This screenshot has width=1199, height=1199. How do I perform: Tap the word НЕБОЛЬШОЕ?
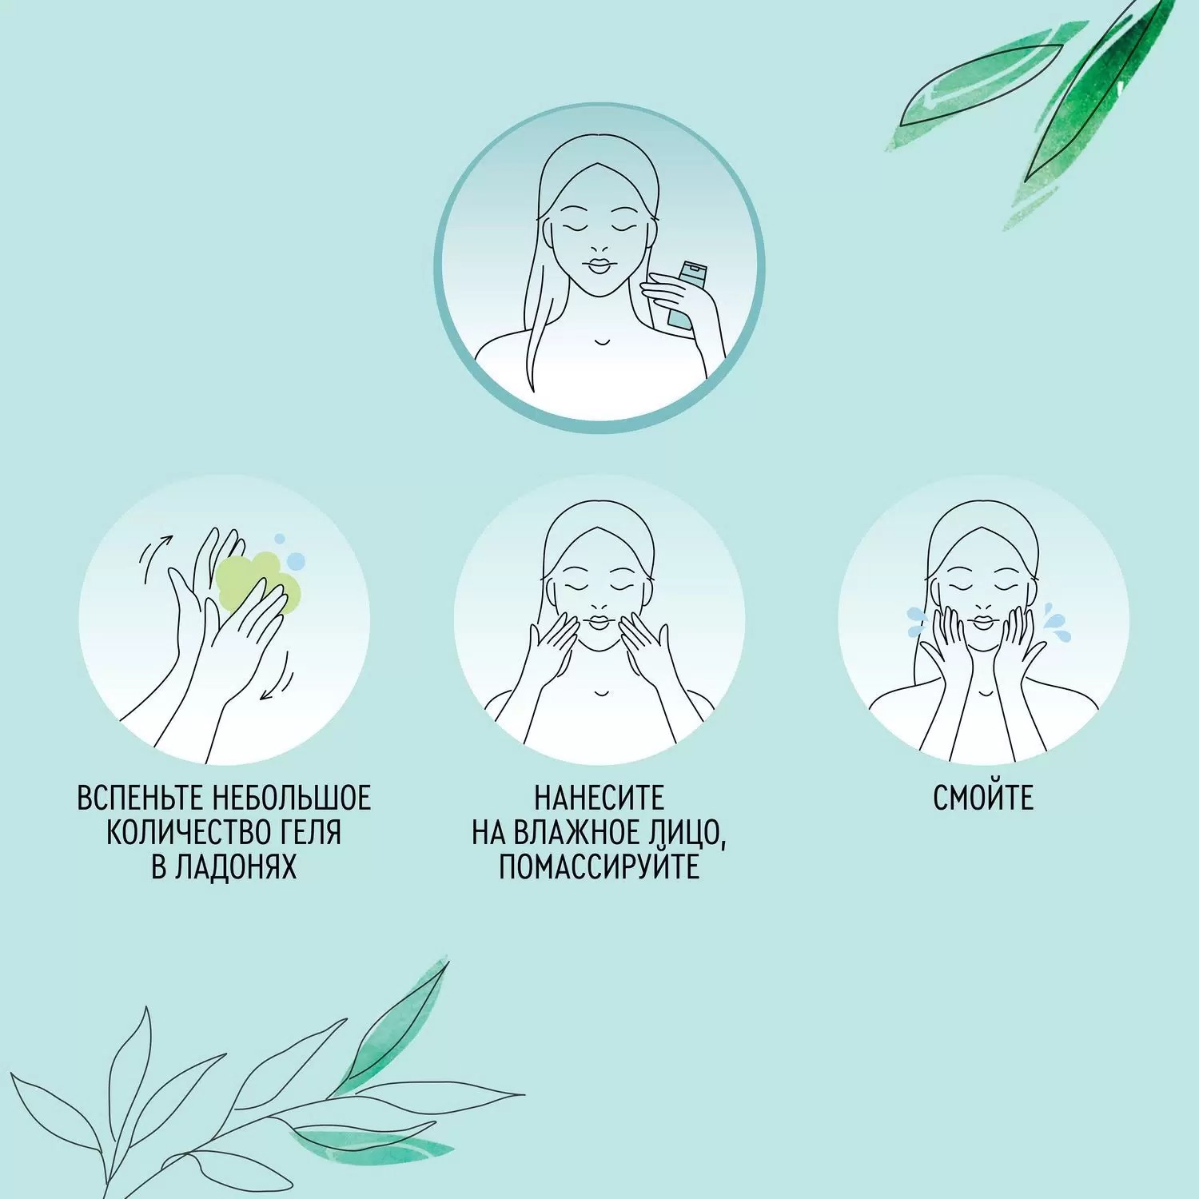pos(293,798)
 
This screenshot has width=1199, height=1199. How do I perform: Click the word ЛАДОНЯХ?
pos(237,867)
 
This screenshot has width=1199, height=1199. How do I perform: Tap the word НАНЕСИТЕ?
pos(599,798)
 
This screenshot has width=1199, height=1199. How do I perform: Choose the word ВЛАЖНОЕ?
pos(575,832)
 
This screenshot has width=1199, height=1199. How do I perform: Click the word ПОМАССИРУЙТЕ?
pos(599,866)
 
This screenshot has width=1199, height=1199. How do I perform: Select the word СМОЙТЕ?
pos(983,798)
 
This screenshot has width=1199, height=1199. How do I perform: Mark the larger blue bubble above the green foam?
pos(296,560)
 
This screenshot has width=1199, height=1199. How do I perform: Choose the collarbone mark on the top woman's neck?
pos(601,342)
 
